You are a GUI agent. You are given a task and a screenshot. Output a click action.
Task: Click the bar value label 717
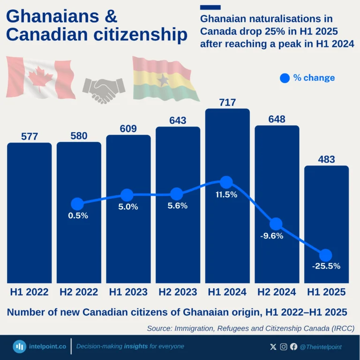coord(227,102)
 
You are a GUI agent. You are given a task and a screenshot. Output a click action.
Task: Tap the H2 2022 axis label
coord(79,292)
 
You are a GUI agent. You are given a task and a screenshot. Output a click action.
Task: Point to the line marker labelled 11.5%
coord(226,182)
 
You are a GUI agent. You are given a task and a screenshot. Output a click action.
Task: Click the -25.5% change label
coord(326,266)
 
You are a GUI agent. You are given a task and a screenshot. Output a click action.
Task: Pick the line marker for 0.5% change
coord(77,204)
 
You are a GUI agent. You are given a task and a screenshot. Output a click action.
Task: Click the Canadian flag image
coord(41,77)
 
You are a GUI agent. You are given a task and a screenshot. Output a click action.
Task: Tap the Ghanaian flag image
coord(165,78)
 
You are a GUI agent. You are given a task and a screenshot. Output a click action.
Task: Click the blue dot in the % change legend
coord(285,78)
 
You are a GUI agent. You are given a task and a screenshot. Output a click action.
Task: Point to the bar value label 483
coord(326,159)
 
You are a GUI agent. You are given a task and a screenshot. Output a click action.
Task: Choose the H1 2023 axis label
coord(128,292)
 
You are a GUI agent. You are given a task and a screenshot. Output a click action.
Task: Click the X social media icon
coord(273,347)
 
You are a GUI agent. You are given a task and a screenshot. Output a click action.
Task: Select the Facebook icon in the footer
coord(293,347)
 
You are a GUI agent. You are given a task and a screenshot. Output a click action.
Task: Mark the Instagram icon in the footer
coord(284,347)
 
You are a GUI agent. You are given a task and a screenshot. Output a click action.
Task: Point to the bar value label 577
coord(30,136)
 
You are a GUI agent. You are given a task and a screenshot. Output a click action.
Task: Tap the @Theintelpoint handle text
coord(321,347)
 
